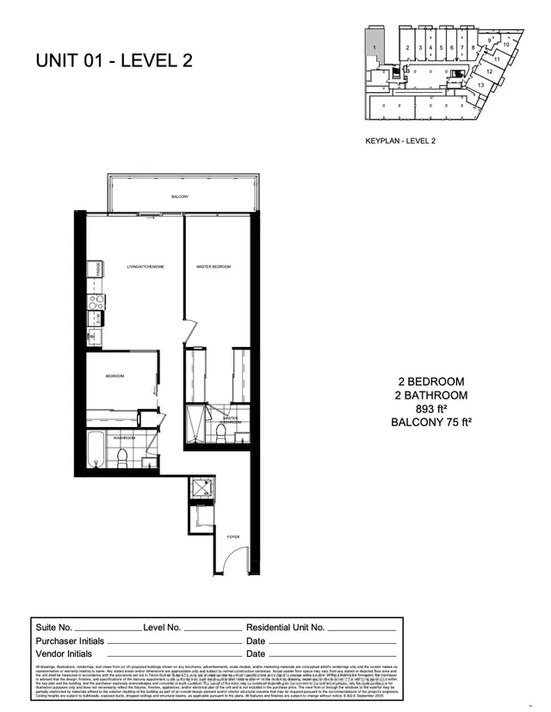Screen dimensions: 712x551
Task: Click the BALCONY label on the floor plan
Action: (179, 197)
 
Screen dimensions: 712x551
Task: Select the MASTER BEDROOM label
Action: (213, 267)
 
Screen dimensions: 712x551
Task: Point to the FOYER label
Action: (232, 536)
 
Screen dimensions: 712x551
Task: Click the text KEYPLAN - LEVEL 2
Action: (401, 139)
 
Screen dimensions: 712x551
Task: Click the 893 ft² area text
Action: (431, 409)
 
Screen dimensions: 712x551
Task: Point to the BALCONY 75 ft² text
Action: (431, 423)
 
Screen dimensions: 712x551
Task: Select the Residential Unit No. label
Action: (285, 628)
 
